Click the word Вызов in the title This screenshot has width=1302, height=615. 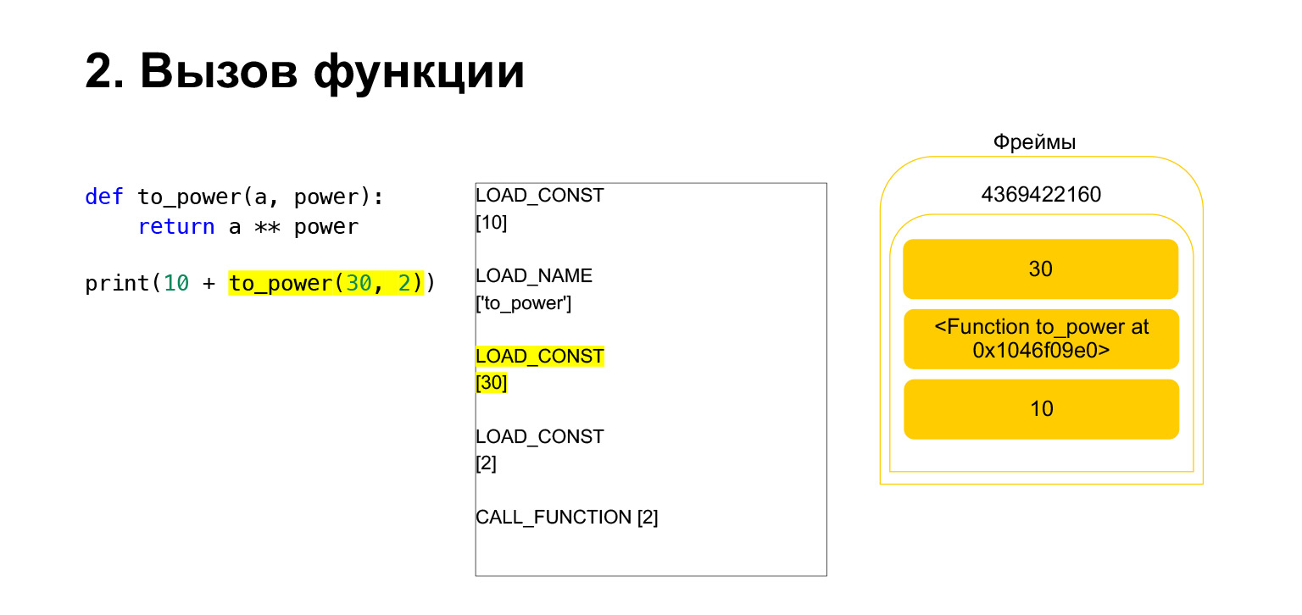click(x=218, y=71)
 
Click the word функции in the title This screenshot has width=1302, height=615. click(x=420, y=73)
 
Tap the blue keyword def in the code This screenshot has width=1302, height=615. click(x=104, y=197)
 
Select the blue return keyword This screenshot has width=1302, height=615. click(x=175, y=227)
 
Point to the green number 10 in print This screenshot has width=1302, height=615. click(x=175, y=284)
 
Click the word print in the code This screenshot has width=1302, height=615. click(x=118, y=284)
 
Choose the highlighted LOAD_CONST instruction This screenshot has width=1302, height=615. click(x=540, y=356)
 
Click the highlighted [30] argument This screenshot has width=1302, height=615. click(x=492, y=383)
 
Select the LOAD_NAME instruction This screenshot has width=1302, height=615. click(x=534, y=275)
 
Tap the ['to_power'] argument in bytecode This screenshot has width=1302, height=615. click(x=524, y=303)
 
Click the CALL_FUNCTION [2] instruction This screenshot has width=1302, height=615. click(x=566, y=517)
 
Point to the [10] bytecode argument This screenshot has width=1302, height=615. click(x=492, y=223)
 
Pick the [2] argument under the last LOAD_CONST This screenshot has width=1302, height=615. click(x=486, y=463)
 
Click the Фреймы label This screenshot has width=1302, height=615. click(x=1034, y=142)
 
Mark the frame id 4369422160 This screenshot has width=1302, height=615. click(x=1041, y=195)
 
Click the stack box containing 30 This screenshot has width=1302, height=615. click(x=1040, y=269)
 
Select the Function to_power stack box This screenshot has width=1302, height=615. click(x=1041, y=339)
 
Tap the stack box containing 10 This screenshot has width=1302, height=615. click(x=1041, y=409)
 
